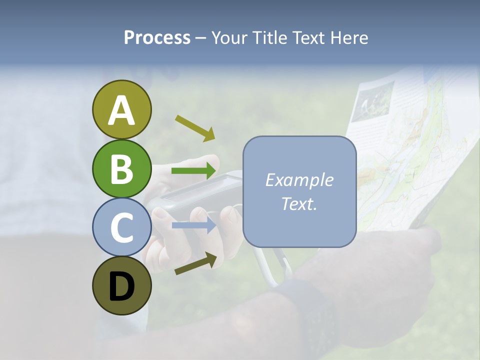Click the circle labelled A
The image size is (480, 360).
point(121,109)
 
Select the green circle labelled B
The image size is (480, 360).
point(121,168)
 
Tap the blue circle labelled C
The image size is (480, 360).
point(121,227)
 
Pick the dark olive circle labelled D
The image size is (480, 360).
point(121,286)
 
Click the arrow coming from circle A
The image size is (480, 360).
point(195,128)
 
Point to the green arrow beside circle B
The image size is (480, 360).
point(194,171)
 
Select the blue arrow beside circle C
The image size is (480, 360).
point(194,225)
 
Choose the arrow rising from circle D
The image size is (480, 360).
point(195,263)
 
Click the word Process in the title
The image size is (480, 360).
point(157,37)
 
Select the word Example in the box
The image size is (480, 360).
point(299,180)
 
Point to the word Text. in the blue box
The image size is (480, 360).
point(299,204)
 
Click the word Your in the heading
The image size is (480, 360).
point(229,37)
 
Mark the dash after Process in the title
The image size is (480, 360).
point(201,38)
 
